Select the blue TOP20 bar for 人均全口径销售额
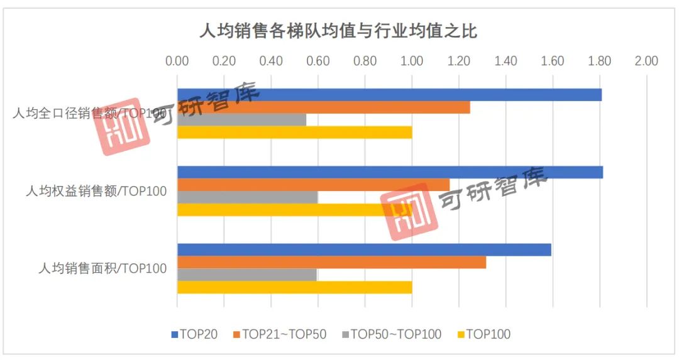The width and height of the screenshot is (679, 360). click(389, 95)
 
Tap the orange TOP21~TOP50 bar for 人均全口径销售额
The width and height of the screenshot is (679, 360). click(323, 107)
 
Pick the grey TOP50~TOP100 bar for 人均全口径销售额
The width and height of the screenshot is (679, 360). click(241, 120)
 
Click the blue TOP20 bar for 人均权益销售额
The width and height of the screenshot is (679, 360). click(390, 172)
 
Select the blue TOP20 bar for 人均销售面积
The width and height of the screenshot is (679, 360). click(364, 249)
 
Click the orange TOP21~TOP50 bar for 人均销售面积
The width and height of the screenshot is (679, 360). click(331, 262)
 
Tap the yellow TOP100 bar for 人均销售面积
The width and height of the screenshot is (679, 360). click(294, 287)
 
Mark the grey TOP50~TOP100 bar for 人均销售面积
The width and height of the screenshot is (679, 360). click(246, 275)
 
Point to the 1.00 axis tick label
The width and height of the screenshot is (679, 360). click(412, 61)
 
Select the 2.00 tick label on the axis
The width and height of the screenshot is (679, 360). click(646, 61)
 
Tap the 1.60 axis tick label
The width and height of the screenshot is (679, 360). click(553, 61)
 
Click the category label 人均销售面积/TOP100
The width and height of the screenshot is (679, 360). click(102, 269)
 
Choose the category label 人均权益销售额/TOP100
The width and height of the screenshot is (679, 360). click(96, 192)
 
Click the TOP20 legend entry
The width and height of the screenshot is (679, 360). click(194, 334)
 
